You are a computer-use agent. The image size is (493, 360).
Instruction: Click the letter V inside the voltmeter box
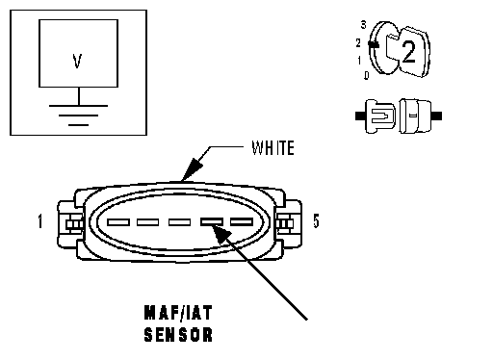77,61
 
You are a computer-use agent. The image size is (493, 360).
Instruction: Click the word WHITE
272,148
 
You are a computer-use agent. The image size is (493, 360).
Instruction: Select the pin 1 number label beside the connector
40,221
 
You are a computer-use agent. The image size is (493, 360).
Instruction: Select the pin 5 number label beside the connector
316,221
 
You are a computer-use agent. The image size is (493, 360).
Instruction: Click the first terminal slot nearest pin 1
118,222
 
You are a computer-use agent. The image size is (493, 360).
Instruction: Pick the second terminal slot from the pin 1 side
147,222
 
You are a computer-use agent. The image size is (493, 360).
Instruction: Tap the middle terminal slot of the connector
179,222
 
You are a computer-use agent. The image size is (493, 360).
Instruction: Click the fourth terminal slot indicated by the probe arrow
212,221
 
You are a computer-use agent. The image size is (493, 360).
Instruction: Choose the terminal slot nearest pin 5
242,221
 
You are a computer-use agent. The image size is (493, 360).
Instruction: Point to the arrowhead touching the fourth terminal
221,234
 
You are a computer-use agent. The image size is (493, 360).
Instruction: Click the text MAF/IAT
178,313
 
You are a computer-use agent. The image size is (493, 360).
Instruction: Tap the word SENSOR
178,334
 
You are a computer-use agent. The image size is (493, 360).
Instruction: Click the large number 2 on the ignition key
408,51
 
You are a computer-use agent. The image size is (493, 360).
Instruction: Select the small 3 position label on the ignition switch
363,25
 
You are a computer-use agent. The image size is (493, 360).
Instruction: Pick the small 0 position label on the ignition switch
367,75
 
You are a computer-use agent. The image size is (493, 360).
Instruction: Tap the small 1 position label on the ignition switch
359,60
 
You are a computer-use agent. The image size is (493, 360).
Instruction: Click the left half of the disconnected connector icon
376,116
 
